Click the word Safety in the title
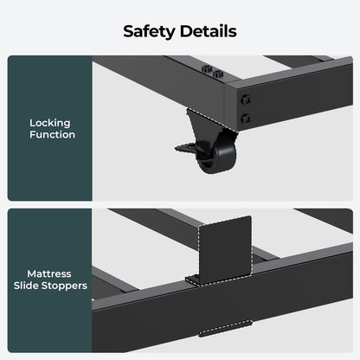(149, 32)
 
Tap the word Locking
(50, 123)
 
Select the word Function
(52, 135)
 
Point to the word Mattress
(49, 273)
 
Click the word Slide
(26, 286)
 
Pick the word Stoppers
(64, 286)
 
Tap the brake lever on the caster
(189, 147)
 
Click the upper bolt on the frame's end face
(246, 100)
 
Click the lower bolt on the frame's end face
(246, 119)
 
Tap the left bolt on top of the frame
(207, 69)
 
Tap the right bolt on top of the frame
(218, 74)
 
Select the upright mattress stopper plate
(225, 249)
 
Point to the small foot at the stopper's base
(192, 280)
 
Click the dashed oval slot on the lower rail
(225, 329)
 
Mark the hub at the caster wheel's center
(205, 165)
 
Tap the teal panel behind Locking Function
(50, 128)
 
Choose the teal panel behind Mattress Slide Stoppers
(50, 280)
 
